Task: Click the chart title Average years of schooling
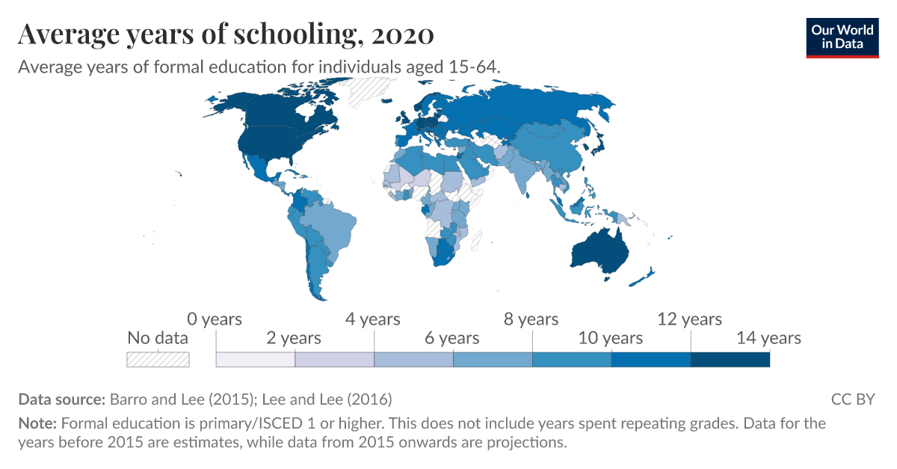point(225,34)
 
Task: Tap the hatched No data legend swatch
point(158,359)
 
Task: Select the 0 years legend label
point(215,319)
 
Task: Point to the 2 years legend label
point(294,338)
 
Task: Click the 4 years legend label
point(373,319)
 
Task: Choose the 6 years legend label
point(452,338)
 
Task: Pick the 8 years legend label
point(531,319)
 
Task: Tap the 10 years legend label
point(611,338)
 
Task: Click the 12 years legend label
point(689,319)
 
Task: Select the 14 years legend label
point(768,338)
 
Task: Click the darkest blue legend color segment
point(730,360)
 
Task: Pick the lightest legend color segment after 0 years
point(256,360)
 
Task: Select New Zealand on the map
point(643,278)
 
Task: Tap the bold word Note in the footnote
point(37,423)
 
